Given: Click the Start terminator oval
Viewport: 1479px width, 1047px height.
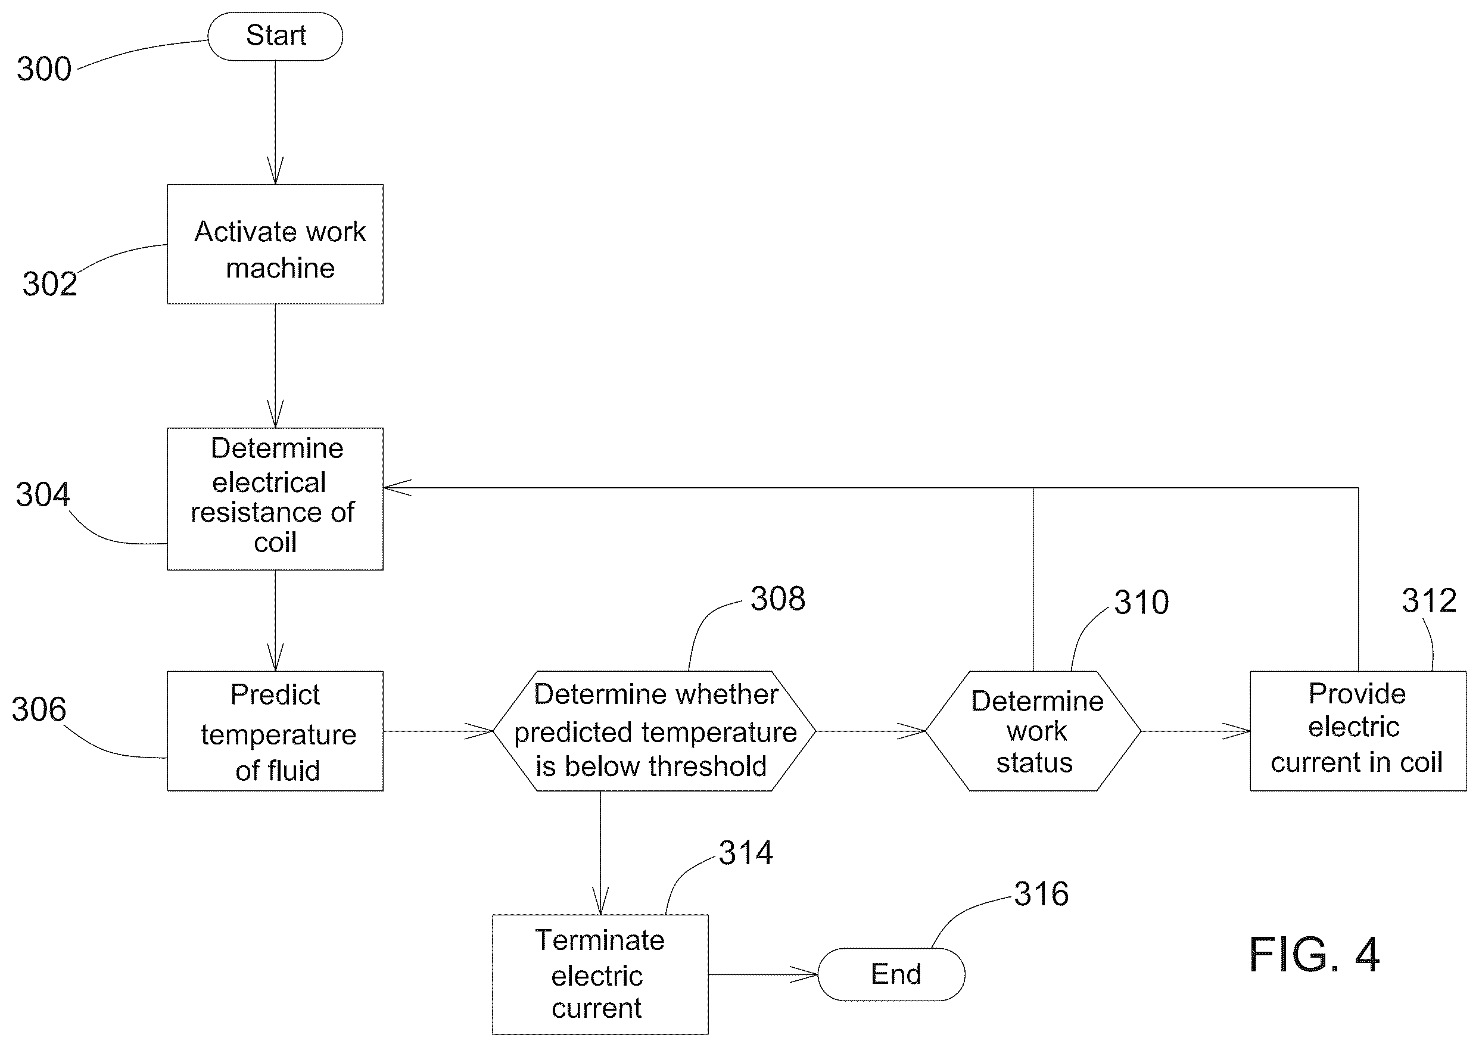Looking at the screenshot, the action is coord(275,36).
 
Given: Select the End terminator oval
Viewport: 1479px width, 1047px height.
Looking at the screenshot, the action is coord(892,974).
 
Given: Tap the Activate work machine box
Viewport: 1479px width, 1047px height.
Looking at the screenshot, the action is coord(275,244).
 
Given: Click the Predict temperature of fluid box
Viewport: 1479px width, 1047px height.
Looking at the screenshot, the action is coord(275,731).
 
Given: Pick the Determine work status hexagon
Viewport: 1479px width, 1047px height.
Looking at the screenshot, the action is coord(1033,731).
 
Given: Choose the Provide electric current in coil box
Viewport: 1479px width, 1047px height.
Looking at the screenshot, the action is coord(1358,731).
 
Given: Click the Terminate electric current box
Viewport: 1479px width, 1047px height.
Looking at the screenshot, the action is coord(600,974).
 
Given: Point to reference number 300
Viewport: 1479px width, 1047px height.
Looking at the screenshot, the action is coord(44,69).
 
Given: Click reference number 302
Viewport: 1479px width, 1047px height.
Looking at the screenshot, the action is coord(49,283).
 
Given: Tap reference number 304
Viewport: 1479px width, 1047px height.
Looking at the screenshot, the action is coord(42,494).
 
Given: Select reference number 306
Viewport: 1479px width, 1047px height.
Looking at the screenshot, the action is coord(39,709).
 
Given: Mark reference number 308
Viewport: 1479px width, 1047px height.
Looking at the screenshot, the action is coord(777,599).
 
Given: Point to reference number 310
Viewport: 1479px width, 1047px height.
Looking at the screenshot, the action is coord(1142,603).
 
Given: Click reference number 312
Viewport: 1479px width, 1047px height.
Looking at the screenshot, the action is coord(1430,601).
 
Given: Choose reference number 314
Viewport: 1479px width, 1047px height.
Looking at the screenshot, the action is coord(746,853).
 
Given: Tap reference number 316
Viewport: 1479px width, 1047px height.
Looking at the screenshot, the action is coord(1041,894).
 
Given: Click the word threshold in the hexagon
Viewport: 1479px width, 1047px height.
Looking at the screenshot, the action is coord(708,766).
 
